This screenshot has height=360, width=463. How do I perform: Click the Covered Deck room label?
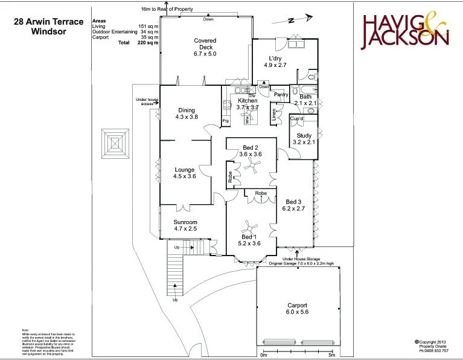205,47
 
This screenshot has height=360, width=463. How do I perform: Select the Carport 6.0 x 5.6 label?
297,309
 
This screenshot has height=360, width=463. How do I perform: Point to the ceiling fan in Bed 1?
248,229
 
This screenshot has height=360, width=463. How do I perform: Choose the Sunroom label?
186,225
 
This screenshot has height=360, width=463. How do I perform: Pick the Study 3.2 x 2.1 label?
304,139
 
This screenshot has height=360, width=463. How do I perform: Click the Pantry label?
281,95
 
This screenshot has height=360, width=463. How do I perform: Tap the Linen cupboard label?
273,114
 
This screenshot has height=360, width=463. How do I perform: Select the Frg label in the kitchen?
226,121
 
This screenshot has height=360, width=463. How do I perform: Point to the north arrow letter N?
290,21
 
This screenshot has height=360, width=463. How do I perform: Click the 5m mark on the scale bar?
331,355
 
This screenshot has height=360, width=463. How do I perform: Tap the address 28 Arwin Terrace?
48,22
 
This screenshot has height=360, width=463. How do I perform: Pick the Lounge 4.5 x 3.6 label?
185,173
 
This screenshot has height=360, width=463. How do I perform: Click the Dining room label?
187,113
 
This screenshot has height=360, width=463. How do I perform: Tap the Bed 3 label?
294,205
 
